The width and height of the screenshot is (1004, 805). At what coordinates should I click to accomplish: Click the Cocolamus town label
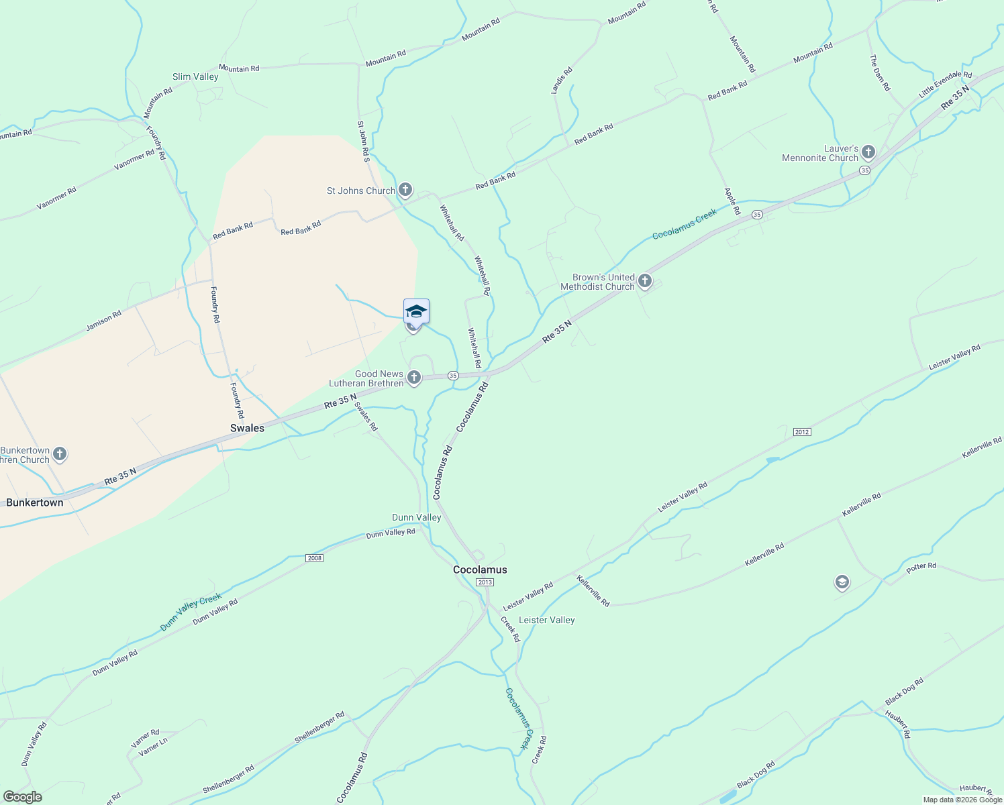[x=480, y=570]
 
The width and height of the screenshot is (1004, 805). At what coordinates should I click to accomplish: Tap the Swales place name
[x=247, y=428]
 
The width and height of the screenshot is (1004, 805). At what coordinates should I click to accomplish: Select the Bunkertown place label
[x=35, y=502]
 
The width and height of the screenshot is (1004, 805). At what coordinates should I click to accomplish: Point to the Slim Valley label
[x=195, y=76]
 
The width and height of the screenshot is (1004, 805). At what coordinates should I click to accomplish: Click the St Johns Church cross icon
[x=405, y=191]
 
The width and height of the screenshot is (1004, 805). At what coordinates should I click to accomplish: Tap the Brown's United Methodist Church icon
[x=645, y=281]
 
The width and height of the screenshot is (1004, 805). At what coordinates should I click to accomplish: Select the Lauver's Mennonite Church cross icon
[x=868, y=152]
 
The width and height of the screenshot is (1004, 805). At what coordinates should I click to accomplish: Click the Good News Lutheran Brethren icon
[x=414, y=378]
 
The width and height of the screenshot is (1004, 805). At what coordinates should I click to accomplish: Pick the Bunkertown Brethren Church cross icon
[x=60, y=455]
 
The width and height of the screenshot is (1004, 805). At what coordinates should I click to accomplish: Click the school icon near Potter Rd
[x=842, y=582]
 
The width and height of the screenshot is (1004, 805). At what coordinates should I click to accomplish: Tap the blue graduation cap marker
[x=416, y=311]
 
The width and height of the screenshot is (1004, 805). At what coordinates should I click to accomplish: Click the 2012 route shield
[x=802, y=431]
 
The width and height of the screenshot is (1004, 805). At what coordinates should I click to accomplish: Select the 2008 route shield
[x=314, y=558]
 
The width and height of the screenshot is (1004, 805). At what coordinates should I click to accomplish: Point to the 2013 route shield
[x=485, y=582]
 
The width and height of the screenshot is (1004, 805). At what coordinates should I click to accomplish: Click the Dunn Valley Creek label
[x=191, y=612]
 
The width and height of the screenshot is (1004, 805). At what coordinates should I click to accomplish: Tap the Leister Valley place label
[x=547, y=620]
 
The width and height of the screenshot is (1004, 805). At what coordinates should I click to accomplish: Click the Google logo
[x=22, y=797]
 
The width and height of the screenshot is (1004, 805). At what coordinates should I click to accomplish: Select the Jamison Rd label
[x=104, y=321]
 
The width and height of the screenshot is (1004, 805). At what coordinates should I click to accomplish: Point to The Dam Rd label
[x=880, y=72]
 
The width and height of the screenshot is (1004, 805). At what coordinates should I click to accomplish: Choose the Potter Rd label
[x=921, y=567]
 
